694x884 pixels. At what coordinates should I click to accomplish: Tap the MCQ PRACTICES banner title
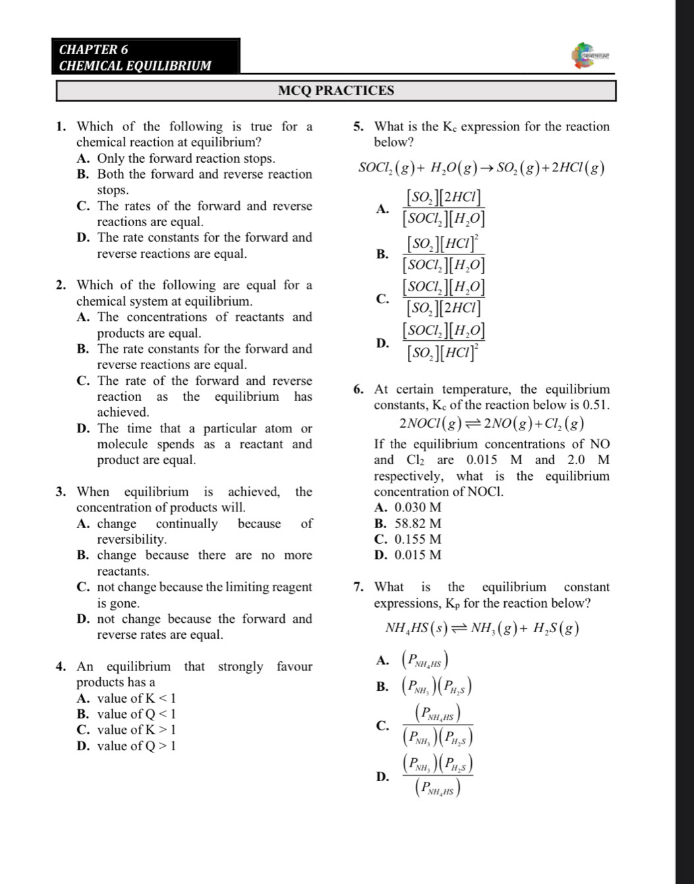tap(335, 91)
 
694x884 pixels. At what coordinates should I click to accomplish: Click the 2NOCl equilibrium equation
tap(492, 423)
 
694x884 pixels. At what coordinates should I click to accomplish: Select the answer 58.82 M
tap(418, 523)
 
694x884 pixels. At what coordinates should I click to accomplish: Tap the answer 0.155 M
tap(418, 539)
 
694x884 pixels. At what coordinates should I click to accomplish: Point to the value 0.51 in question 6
tap(596, 405)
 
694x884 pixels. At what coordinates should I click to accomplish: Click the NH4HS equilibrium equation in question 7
tap(482, 628)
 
